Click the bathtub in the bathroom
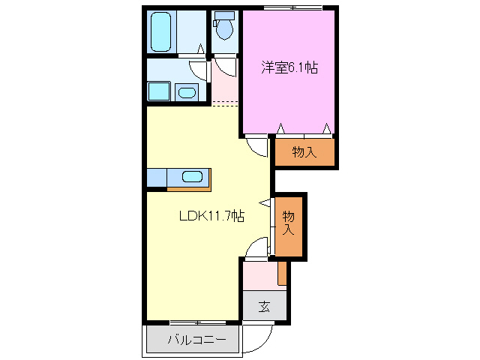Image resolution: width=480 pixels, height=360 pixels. (x=161, y=31)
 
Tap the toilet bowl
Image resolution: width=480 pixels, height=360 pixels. (x=223, y=29)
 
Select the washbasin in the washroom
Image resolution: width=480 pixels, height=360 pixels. (x=186, y=92)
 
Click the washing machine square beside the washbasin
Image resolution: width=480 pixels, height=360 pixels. (x=158, y=91)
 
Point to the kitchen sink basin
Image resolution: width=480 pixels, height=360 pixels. (x=193, y=178)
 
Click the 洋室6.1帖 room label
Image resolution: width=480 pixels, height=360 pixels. (x=289, y=67)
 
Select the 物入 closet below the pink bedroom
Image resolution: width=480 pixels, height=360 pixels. (x=304, y=152)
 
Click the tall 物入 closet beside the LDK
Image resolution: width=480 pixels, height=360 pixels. (x=289, y=225)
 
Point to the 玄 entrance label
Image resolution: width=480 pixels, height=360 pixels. (x=264, y=306)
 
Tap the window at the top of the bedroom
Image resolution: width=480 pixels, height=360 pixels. (x=293, y=8)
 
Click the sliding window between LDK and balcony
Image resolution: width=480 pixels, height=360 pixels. (x=194, y=322)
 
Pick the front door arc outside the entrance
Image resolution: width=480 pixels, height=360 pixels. (x=255, y=339)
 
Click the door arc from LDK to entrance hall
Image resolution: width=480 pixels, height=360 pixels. (x=256, y=247)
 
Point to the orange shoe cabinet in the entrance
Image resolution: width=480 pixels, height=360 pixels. (x=282, y=273)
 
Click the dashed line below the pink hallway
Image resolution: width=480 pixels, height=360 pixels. (x=226, y=103)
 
